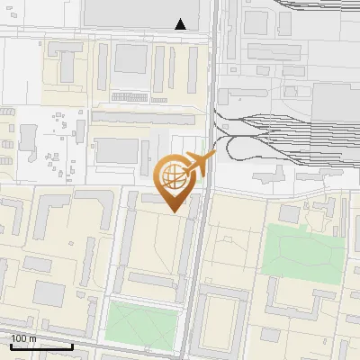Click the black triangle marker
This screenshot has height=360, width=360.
point(181,24)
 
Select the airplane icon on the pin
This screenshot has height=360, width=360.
point(200,163)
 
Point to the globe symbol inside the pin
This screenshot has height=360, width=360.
point(174,176)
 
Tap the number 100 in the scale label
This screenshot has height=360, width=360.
point(20,338)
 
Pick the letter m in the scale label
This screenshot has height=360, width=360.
point(32,338)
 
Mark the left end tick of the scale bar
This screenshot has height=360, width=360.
point(11,345)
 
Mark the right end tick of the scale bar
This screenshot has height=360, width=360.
point(72,345)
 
